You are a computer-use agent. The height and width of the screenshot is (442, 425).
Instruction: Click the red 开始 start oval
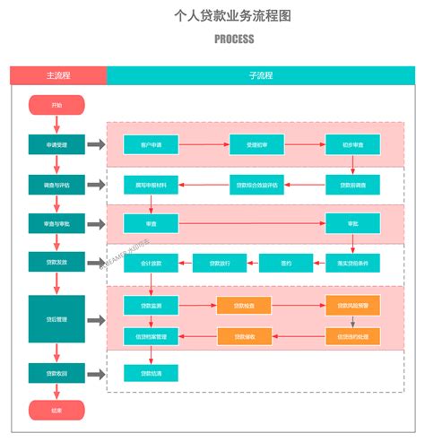click(x=56, y=105)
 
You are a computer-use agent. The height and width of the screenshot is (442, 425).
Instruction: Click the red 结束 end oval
click(x=56, y=410)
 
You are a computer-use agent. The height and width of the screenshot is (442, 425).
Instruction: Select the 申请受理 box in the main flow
click(x=56, y=143)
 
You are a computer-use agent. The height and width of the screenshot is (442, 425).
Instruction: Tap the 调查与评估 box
click(x=56, y=185)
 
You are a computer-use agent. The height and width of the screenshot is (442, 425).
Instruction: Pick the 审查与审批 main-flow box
click(x=56, y=223)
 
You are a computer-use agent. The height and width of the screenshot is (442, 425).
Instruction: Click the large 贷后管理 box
click(x=56, y=319)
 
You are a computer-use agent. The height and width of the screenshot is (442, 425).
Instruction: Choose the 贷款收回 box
click(x=56, y=372)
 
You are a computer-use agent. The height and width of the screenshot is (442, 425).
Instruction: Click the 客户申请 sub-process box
click(x=151, y=143)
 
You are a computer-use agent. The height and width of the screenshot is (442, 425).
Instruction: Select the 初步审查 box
click(x=352, y=143)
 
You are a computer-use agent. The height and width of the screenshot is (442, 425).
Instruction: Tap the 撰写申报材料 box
click(x=151, y=185)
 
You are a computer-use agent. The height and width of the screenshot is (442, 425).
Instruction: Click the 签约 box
click(x=286, y=263)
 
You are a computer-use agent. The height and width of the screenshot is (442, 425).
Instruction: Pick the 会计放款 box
click(x=151, y=263)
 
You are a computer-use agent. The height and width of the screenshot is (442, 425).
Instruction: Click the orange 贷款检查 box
click(x=243, y=306)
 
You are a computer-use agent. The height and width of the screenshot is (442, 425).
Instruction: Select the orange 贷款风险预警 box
click(x=352, y=306)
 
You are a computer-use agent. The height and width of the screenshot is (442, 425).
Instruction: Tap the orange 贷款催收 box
click(x=243, y=337)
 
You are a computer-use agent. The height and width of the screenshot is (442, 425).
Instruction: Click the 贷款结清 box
click(x=151, y=372)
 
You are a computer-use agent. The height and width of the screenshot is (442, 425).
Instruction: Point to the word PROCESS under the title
click(x=234, y=39)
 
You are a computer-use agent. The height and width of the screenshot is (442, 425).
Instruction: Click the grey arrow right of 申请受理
click(x=96, y=143)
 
